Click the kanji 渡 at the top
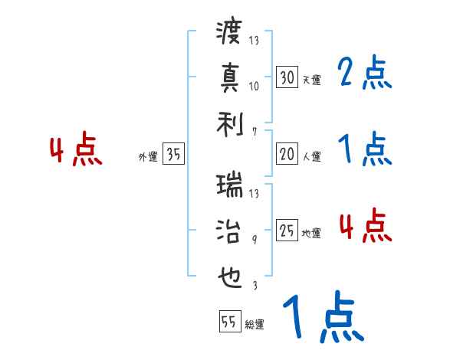point(229,34)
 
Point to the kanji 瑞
point(229,186)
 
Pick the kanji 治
point(229,231)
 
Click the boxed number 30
point(287,77)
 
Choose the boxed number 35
point(173,155)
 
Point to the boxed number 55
point(228,322)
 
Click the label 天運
point(310,80)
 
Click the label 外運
point(147,157)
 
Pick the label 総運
point(254,325)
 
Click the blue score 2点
point(365,74)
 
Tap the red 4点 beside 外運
point(76,151)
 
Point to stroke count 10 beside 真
point(254,86)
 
